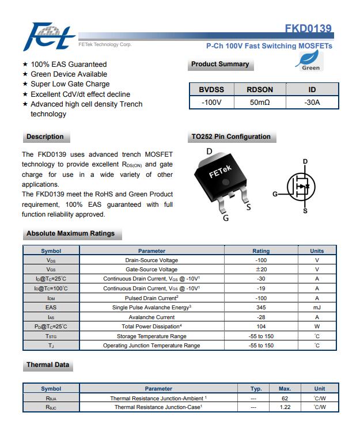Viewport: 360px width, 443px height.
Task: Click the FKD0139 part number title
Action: pos(308,29)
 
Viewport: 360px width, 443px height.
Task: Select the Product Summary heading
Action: pos(220,65)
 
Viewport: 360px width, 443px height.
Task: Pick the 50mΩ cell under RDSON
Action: pos(260,103)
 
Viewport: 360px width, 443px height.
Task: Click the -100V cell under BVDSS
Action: pos(211,103)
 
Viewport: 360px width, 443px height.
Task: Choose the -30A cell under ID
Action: pos(312,103)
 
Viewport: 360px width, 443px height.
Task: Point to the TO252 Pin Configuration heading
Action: pos(230,137)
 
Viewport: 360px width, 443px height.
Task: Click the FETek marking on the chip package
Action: pos(219,172)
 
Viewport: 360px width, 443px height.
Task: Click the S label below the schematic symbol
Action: pos(305,211)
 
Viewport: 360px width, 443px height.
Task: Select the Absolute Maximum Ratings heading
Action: pos(70,234)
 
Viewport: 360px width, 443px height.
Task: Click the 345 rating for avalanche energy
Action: pos(261,308)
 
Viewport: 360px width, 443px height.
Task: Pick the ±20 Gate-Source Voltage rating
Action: pos(261,270)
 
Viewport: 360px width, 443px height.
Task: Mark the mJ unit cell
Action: pos(317,308)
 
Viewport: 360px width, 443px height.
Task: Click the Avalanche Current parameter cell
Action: pos(151,317)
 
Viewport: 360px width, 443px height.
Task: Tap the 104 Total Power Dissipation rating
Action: pos(261,327)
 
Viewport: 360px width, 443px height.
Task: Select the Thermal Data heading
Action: pos(48,365)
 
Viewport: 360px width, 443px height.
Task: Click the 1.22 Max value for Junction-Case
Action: pos(285,407)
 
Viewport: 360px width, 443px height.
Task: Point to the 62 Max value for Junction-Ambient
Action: pos(285,398)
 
